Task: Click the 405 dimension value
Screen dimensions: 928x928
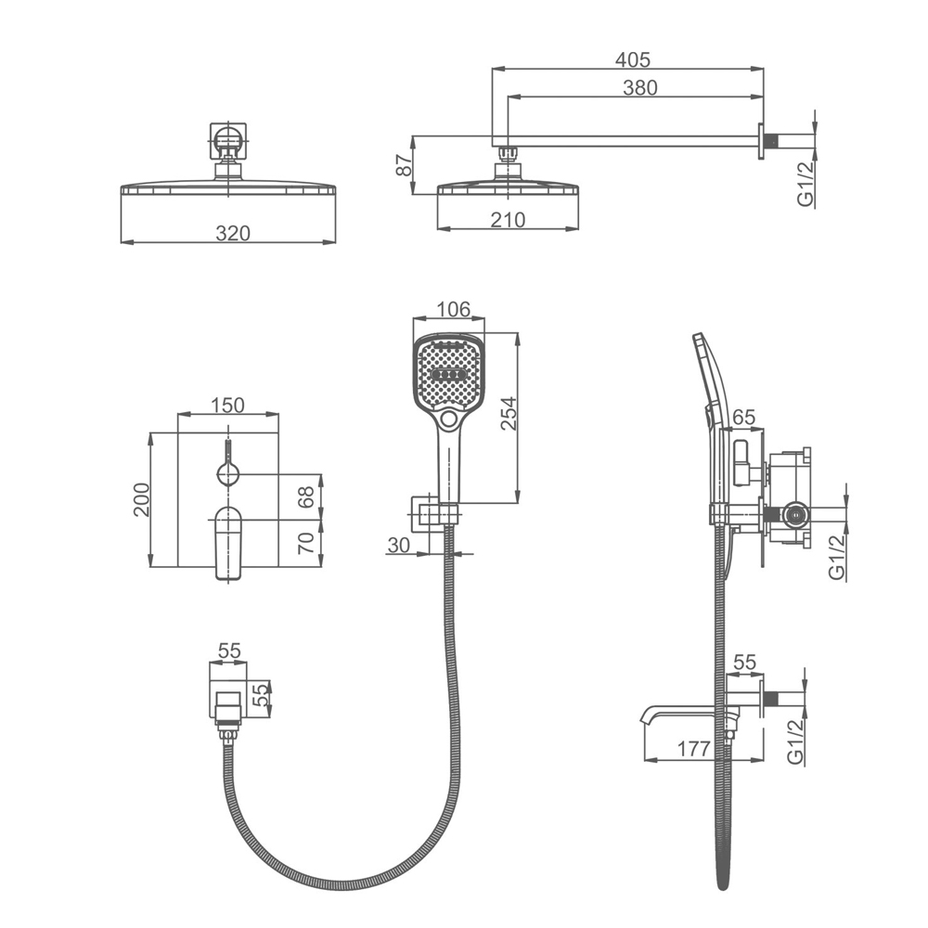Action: point(632,59)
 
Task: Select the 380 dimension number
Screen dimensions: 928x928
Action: point(639,87)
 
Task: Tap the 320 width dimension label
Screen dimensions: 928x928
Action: point(233,233)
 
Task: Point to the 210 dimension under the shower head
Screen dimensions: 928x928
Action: point(508,220)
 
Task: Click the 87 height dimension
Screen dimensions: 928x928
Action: point(404,165)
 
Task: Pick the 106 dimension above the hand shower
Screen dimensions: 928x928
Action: point(453,309)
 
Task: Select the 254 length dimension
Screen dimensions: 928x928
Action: point(509,414)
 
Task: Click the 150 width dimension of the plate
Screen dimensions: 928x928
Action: point(227,405)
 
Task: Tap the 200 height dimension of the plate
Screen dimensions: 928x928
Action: point(142,500)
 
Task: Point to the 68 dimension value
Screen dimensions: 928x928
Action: point(306,497)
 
